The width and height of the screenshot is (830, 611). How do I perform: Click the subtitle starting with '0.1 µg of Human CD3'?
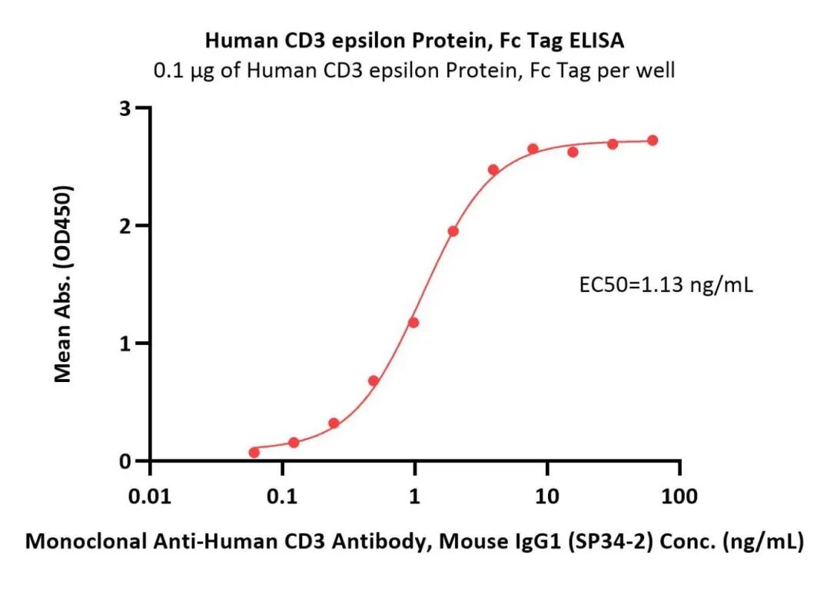click(415, 71)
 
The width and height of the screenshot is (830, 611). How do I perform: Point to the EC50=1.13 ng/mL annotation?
click(666, 287)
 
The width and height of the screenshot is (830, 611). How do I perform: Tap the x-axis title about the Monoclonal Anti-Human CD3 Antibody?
click(415, 542)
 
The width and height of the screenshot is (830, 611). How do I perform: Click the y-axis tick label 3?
click(123, 108)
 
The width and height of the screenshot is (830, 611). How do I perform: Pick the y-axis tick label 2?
click(123, 226)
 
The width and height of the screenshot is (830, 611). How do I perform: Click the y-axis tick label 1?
click(123, 344)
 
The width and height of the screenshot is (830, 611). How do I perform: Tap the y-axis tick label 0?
click(123, 461)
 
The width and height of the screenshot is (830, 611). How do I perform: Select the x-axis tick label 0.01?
click(151, 496)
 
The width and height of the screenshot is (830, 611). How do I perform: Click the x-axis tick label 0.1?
click(283, 496)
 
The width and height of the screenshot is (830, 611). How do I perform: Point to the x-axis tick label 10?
click(546, 496)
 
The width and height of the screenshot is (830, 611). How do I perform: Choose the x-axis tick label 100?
click(679, 496)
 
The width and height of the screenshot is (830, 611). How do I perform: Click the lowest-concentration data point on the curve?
click(254, 452)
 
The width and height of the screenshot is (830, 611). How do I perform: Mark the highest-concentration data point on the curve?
click(652, 141)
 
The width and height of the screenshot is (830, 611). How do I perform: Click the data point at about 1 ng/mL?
click(413, 323)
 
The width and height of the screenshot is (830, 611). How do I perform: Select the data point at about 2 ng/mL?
click(453, 231)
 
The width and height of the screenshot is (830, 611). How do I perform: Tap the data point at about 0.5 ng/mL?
click(373, 380)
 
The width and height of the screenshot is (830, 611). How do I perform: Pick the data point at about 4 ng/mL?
click(493, 170)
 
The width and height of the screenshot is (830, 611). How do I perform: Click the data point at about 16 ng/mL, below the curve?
click(573, 152)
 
